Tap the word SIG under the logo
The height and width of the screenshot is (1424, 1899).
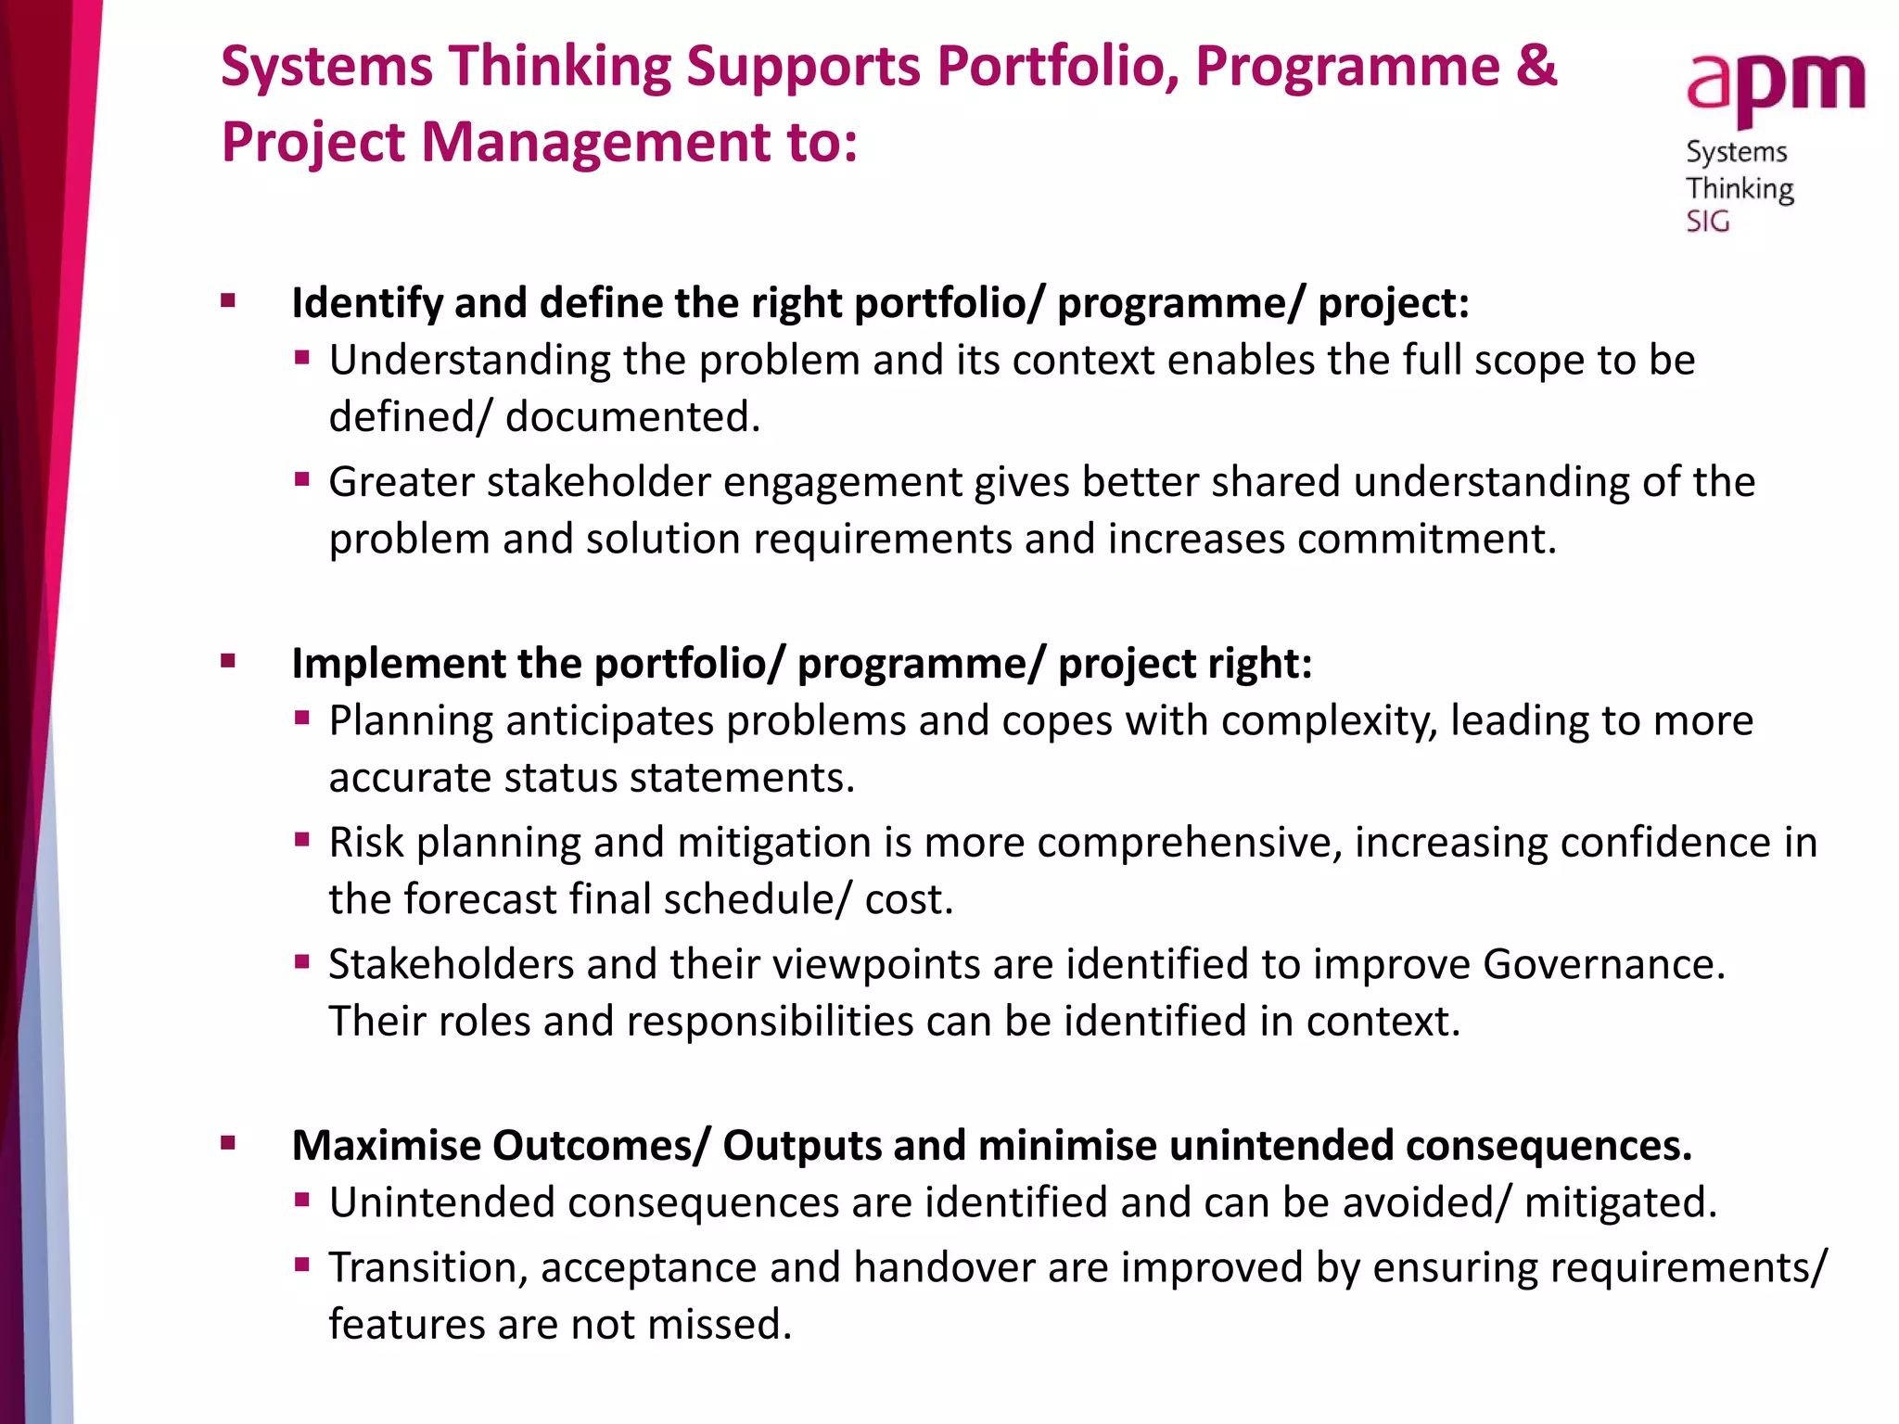[1707, 222]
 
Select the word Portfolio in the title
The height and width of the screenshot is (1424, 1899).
[1057, 67]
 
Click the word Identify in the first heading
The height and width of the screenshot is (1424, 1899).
[365, 303]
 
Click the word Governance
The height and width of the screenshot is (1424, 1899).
[1603, 964]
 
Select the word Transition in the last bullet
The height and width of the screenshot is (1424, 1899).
[428, 1267]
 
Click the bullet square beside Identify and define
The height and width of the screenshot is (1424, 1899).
[228, 300]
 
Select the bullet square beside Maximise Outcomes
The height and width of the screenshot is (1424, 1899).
[228, 1143]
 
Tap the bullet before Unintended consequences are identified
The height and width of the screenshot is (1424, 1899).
[301, 1201]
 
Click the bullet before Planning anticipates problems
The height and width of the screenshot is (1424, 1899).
[301, 718]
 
